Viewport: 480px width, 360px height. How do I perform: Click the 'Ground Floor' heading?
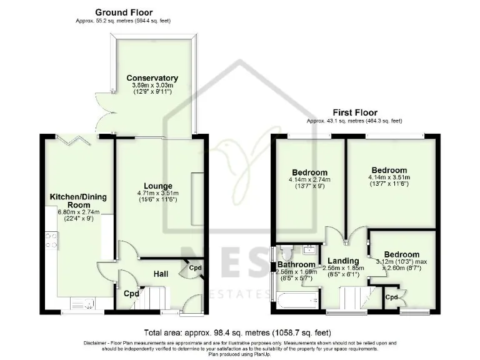tap(123, 12)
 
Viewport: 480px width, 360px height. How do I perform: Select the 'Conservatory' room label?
tap(152, 78)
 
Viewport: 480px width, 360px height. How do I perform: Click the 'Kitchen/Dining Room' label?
tap(78, 201)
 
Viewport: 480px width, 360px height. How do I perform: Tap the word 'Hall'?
tap(161, 272)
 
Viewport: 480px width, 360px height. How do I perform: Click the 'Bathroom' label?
tap(296, 265)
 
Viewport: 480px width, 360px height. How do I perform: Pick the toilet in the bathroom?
tap(287, 252)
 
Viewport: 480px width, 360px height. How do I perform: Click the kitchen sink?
tap(84, 304)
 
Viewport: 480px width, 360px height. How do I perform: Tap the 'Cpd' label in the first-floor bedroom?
tap(391, 297)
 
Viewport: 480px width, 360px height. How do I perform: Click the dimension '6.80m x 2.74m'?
tap(78, 212)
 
